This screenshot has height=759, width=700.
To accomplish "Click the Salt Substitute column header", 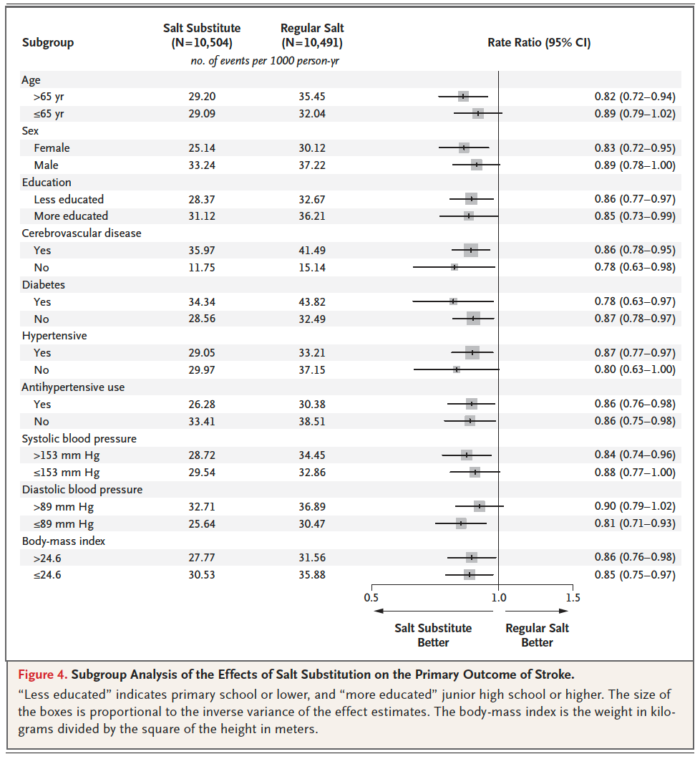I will click(202, 35).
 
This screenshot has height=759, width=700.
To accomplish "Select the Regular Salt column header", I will click(312, 35).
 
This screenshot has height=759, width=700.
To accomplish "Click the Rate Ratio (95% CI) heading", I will click(539, 42).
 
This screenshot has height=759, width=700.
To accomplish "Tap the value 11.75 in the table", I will click(202, 268).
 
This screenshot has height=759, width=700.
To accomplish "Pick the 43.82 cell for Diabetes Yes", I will click(312, 302).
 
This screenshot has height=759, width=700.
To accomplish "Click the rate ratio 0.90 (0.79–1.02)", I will click(634, 507).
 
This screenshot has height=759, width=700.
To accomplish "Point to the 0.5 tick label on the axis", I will click(371, 598).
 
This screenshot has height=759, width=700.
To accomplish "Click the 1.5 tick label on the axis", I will click(572, 598).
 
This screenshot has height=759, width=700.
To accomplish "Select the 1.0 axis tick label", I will click(498, 598).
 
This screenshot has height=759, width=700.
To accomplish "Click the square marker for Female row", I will click(464, 148).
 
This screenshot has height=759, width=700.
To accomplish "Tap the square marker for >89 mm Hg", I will click(480, 506).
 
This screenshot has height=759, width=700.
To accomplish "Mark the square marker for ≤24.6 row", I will click(470, 574).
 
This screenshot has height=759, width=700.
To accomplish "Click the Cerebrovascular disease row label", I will click(82, 233).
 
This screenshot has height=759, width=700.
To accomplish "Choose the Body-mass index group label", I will click(64, 541).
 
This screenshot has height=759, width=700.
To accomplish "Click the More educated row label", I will click(71, 216).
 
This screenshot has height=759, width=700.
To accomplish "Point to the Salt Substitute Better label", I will click(433, 635).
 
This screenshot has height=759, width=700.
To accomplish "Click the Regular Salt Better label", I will click(537, 635).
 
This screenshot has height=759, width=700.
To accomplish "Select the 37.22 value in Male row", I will click(312, 165).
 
